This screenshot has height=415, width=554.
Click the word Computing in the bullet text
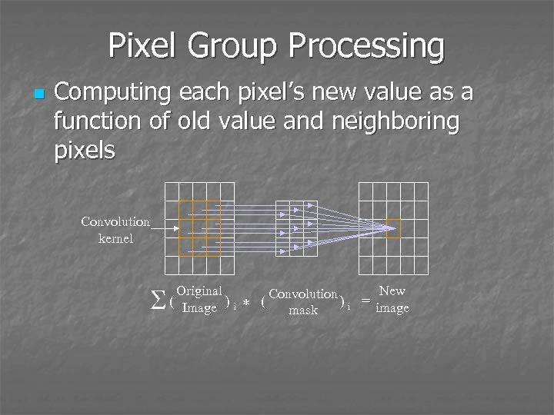coord(115,93)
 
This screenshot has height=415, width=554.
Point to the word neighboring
coord(397,121)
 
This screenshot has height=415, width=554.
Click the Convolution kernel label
coord(115,230)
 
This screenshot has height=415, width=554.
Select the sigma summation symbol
coord(159,300)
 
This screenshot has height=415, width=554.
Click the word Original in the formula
coord(199,291)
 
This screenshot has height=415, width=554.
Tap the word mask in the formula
coord(303,310)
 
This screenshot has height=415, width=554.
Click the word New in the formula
coord(392,290)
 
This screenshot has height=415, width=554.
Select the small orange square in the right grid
coord(393,228)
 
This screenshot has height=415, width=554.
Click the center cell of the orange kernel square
coord(199,228)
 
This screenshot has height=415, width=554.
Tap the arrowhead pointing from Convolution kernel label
coord(176,228)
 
